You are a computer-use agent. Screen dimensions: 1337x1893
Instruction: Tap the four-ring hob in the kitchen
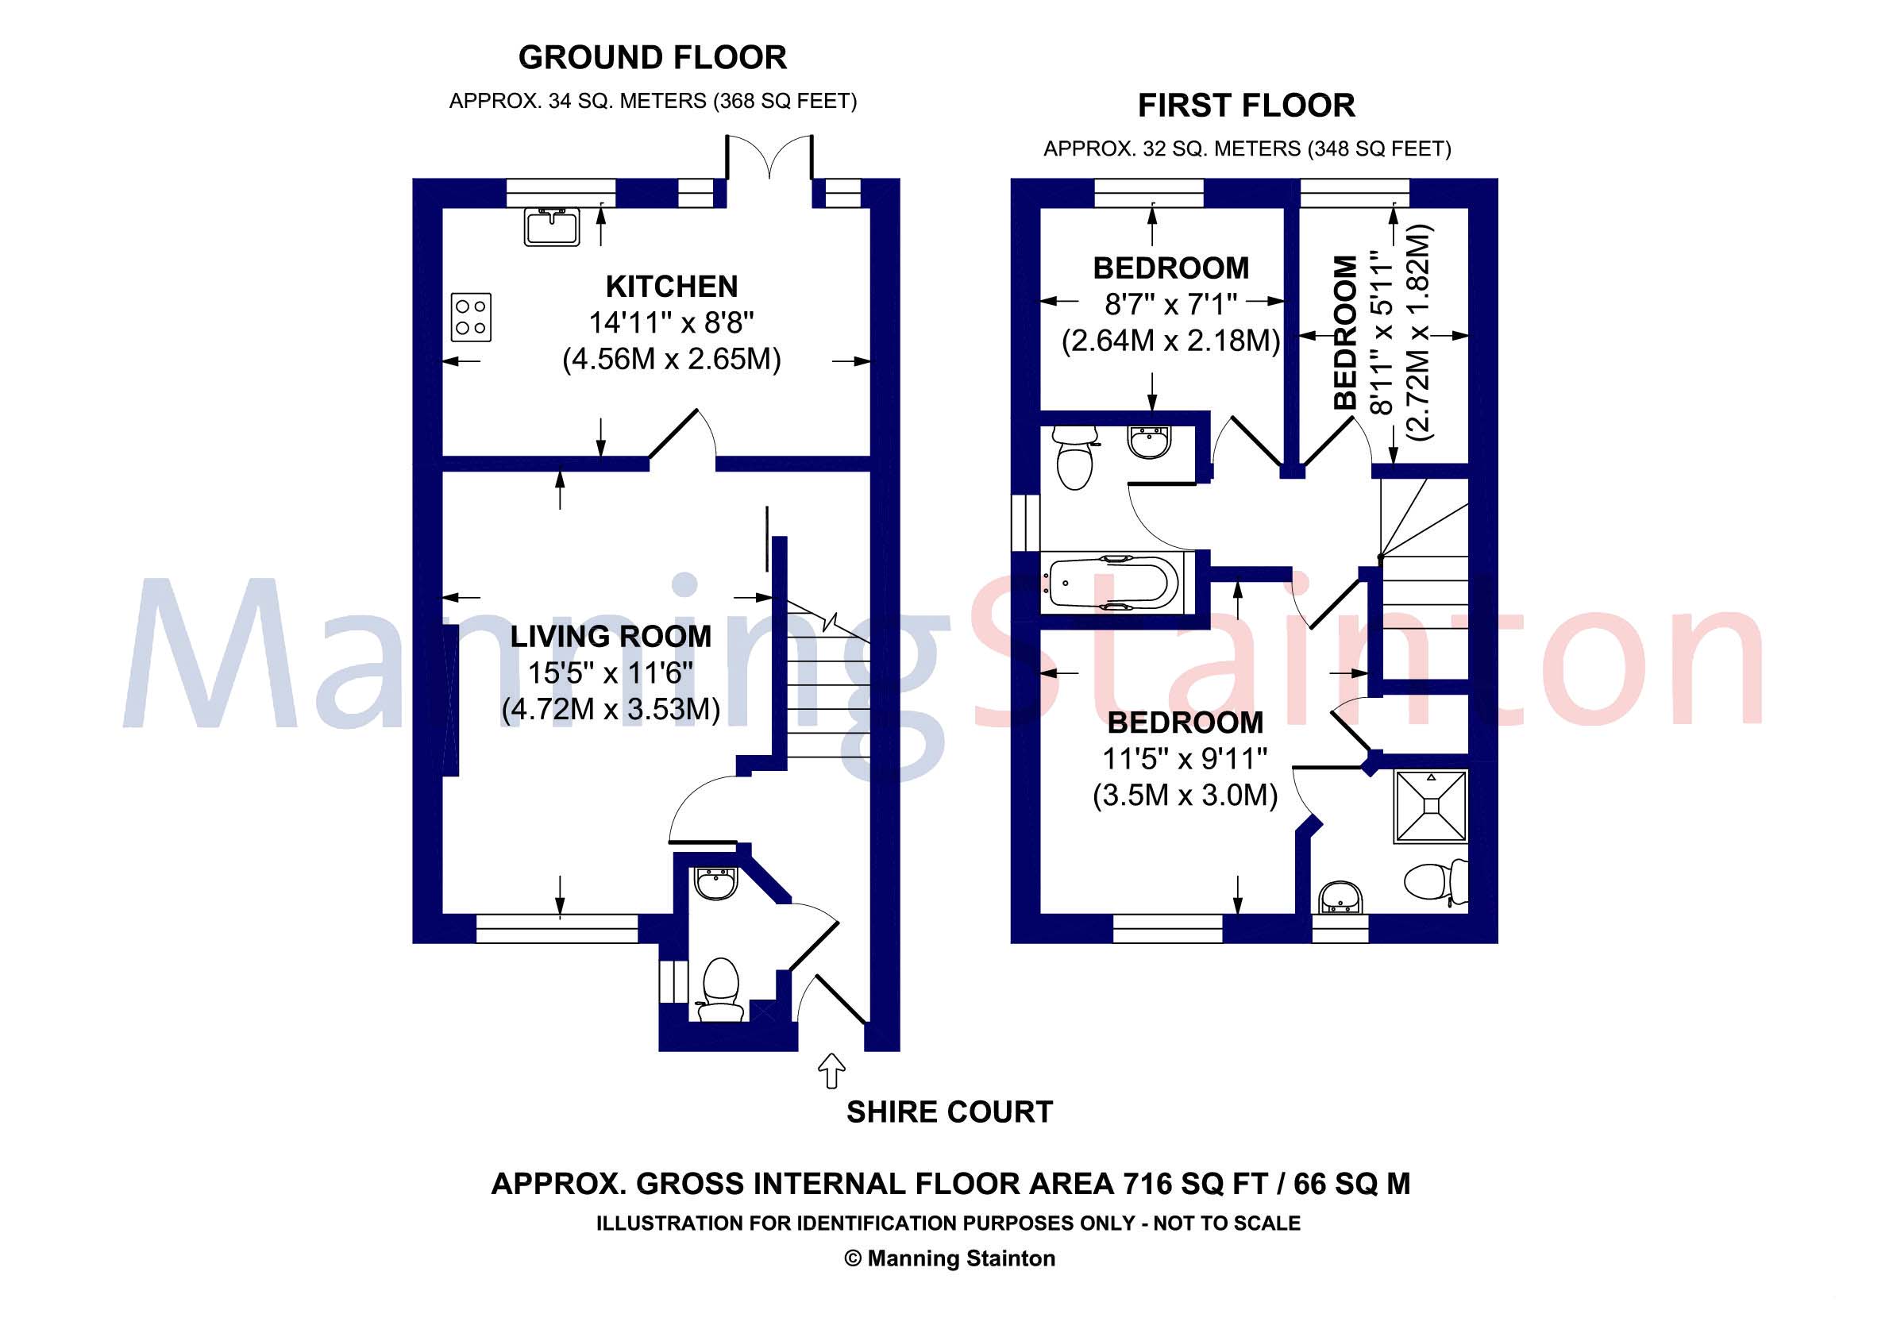472,317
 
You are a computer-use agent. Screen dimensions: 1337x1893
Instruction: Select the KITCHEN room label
671,287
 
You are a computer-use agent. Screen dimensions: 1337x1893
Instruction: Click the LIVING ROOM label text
610,637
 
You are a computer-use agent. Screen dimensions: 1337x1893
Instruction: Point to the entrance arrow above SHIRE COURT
831,1070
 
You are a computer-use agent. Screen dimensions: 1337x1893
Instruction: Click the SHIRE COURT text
949,1112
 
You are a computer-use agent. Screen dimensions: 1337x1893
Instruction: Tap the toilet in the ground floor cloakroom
719,983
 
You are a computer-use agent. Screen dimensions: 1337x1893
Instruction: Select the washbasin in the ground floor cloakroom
715,884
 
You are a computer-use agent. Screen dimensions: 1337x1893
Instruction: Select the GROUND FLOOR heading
652,58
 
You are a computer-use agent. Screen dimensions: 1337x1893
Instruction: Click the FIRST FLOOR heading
1246,106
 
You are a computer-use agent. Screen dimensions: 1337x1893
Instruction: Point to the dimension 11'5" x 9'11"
1185,758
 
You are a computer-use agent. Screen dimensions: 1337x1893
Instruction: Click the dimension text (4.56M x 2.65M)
671,360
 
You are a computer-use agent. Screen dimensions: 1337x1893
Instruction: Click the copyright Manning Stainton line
949,1258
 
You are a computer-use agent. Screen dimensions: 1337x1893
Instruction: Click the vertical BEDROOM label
1345,332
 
